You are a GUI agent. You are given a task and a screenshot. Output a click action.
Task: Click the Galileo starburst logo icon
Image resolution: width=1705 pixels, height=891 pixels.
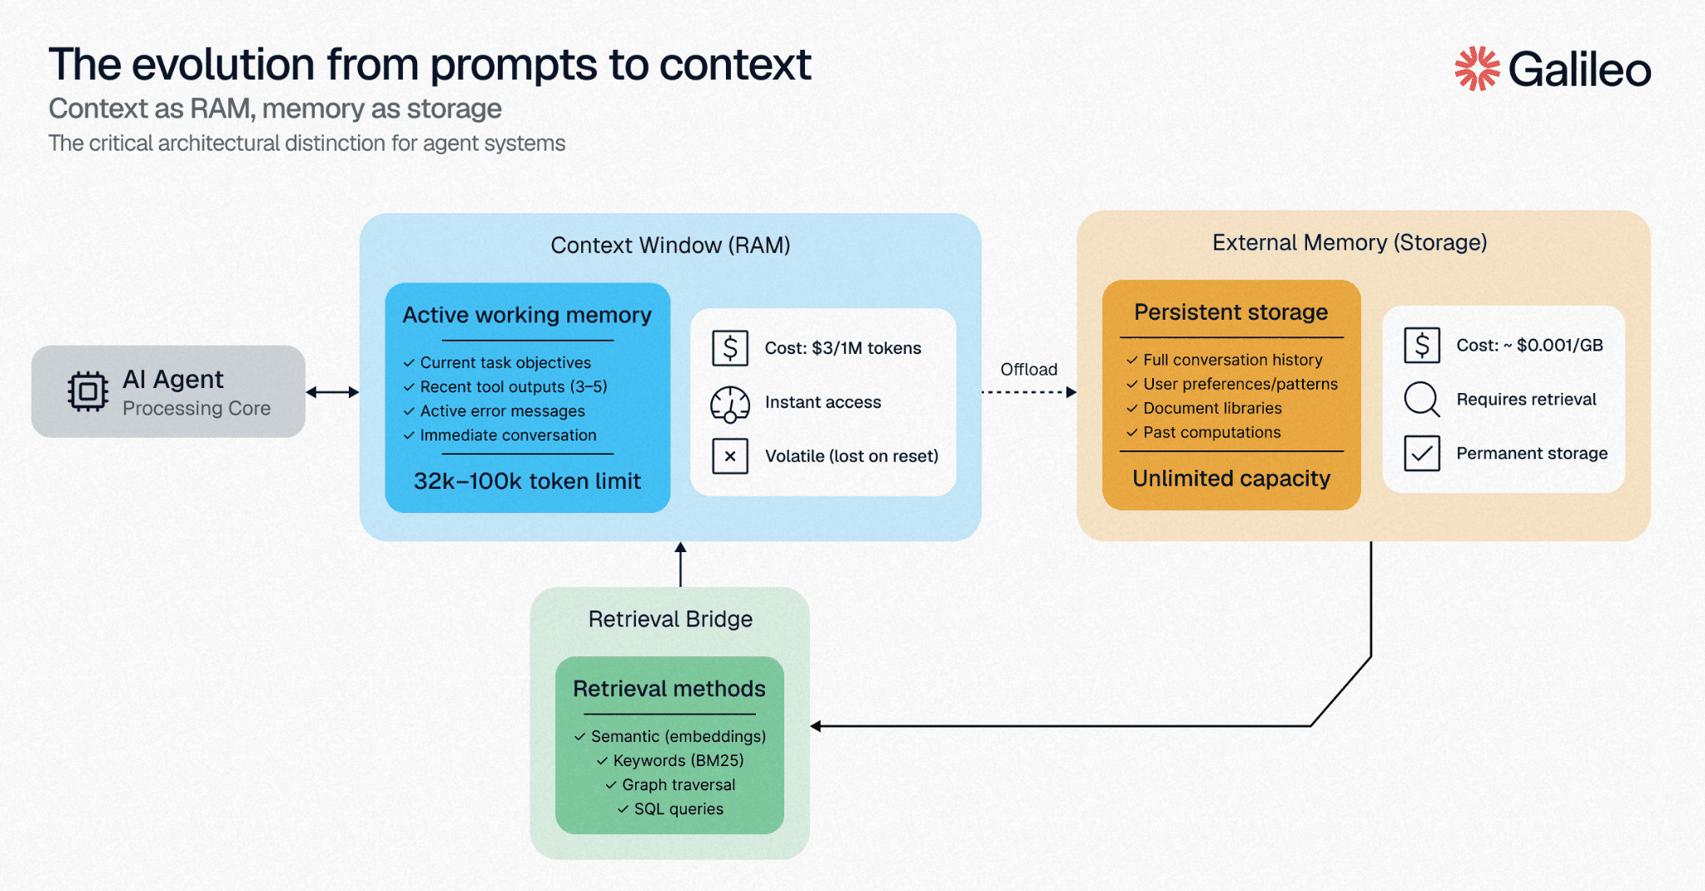click(x=1476, y=68)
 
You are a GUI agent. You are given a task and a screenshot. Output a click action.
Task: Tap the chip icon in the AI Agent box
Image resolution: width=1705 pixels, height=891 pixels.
click(x=87, y=391)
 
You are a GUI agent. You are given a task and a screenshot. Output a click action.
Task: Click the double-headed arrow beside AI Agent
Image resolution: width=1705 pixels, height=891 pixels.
click(x=332, y=392)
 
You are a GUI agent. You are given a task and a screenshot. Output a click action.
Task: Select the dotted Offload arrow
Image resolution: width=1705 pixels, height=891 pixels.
click(x=1028, y=392)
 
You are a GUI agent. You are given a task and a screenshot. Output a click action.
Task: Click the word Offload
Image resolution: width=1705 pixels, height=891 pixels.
click(x=1028, y=369)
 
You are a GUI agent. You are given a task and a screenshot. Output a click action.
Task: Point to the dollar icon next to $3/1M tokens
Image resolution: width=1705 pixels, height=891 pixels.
click(x=730, y=348)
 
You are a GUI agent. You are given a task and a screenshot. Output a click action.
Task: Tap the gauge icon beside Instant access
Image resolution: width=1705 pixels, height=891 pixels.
click(x=730, y=403)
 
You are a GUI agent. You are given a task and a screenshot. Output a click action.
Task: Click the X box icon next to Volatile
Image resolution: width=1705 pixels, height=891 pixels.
click(x=730, y=456)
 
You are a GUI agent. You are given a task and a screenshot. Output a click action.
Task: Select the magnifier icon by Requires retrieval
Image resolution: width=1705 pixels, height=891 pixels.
click(x=1421, y=399)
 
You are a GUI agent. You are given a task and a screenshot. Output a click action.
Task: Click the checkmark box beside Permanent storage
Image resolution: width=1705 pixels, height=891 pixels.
click(x=1421, y=453)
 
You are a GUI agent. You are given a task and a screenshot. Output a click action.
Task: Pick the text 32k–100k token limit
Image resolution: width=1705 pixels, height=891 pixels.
click(x=527, y=481)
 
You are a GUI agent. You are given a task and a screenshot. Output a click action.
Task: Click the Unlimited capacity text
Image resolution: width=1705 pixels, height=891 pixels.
click(x=1231, y=479)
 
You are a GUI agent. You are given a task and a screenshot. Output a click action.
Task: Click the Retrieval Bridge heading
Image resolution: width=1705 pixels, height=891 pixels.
click(x=670, y=619)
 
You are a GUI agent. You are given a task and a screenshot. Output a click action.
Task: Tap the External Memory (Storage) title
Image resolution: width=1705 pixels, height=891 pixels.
click(x=1349, y=242)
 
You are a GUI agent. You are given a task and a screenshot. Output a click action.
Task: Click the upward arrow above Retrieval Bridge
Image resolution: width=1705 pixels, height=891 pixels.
click(x=680, y=564)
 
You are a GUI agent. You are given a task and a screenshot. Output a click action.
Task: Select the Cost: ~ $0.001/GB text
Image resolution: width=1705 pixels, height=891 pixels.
click(x=1529, y=345)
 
